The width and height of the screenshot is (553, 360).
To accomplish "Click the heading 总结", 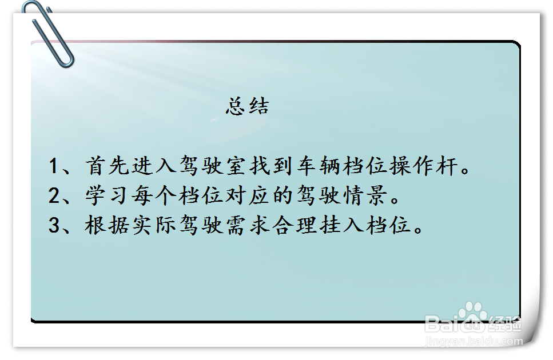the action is coord(247,106).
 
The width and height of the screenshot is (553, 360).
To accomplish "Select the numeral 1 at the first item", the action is coord(53,166).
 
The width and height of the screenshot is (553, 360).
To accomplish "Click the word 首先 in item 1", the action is coord(107,165).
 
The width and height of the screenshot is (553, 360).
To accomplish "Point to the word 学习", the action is coord(107,195).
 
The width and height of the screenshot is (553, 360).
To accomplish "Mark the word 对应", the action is coord(247,195).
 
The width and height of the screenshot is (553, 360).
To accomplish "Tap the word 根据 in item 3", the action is coord(107,225).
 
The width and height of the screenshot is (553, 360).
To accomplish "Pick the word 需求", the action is coord(247,225).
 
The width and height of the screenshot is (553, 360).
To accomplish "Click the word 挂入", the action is coord(341,225).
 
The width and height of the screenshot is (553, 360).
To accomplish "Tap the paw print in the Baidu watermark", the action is coord(472,314).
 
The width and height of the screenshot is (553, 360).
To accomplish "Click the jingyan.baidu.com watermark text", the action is coord(474,341).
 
